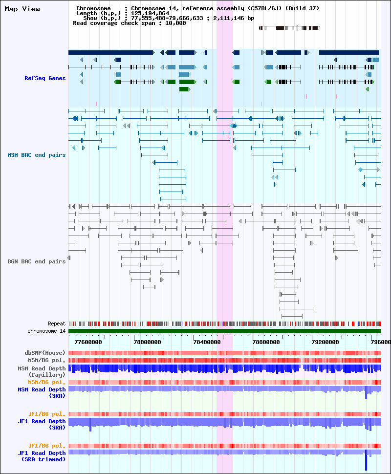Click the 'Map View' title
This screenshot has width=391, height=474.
pyautogui.click(x=22, y=9)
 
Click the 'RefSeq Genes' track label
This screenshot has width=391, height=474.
pyautogui.click(x=45, y=78)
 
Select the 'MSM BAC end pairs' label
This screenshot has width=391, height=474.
pyautogui.click(x=37, y=155)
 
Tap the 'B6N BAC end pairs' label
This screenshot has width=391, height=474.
pyautogui.click(x=37, y=261)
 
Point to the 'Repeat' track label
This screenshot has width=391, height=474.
pyautogui.click(x=57, y=323)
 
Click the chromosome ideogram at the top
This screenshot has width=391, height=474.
pyautogui.click(x=289, y=28)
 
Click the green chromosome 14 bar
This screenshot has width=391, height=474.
pyautogui.click(x=225, y=331)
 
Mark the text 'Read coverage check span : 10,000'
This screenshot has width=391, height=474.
pyautogui.click(x=129, y=23)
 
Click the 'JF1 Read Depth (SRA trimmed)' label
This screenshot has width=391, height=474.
pyautogui.click(x=42, y=456)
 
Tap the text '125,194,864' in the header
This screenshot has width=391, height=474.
pyautogui.click(x=150, y=13)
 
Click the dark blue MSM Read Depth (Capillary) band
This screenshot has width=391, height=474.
pyautogui.click(x=225, y=368)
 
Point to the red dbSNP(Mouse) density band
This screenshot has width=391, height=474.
pyautogui.click(x=225, y=353)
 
